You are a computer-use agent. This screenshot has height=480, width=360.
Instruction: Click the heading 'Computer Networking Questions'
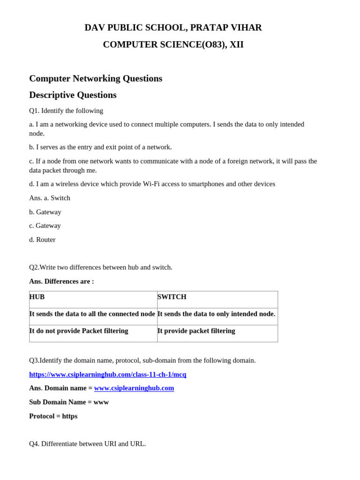(x=96, y=78)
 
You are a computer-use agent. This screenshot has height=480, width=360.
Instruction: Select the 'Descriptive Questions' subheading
(x=73, y=95)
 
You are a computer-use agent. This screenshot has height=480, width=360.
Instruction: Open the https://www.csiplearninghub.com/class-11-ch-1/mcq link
(x=107, y=374)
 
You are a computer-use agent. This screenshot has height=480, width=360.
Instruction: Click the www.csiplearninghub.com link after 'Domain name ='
(x=134, y=388)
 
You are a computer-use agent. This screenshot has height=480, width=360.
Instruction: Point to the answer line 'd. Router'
(x=42, y=240)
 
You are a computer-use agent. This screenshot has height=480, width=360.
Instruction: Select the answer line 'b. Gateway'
(x=45, y=212)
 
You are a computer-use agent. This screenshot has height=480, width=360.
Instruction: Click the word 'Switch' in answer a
(x=60, y=198)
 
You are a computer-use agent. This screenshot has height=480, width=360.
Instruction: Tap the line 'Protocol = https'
(x=53, y=416)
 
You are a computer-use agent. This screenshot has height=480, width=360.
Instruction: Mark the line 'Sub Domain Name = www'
(x=69, y=402)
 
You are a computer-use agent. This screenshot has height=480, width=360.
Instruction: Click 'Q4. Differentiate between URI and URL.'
(x=87, y=443)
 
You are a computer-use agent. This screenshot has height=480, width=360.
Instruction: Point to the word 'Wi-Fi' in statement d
(x=152, y=184)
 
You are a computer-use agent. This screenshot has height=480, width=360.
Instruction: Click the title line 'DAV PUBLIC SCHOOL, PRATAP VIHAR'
(x=173, y=28)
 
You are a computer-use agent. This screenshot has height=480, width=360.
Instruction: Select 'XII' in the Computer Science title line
(x=236, y=45)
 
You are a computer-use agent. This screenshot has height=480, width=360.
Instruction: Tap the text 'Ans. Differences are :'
(x=61, y=281)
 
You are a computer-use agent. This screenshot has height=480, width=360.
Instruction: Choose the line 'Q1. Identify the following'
(x=66, y=111)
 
